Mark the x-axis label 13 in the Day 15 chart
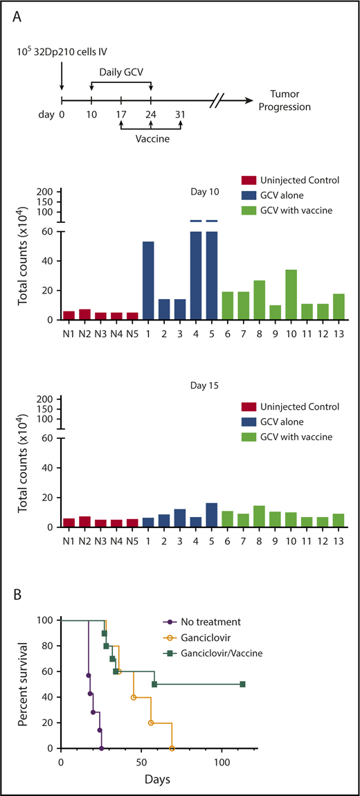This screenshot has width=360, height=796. coord(338,538)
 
